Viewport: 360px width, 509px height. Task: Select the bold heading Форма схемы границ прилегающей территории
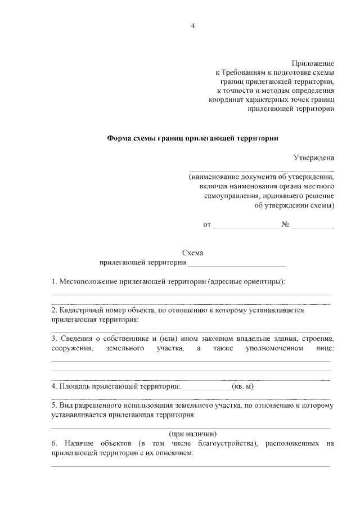point(192,137)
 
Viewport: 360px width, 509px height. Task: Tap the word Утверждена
point(314,158)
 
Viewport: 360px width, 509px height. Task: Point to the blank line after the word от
point(246,226)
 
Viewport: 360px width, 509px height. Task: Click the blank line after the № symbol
point(312,226)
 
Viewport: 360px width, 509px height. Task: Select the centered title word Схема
point(193,253)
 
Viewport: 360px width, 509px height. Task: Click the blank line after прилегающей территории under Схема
point(237,264)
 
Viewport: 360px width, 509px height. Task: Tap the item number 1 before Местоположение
point(53,281)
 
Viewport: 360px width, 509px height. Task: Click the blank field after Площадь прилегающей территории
point(206,388)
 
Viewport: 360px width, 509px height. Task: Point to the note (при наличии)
point(193,434)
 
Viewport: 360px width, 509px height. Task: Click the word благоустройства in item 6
point(225,444)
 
